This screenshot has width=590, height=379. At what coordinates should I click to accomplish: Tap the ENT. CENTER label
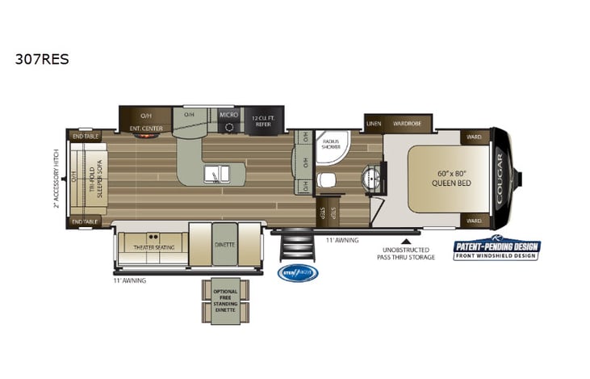click(x=146, y=128)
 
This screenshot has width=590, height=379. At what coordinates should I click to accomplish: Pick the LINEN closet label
click(x=373, y=124)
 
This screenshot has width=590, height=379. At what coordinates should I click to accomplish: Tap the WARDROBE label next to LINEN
click(x=408, y=124)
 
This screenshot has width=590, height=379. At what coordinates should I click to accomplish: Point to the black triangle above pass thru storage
click(x=406, y=239)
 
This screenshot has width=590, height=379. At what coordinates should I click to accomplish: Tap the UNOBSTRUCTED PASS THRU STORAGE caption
click(x=406, y=253)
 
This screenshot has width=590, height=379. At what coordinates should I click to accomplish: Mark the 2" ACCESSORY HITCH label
click(x=56, y=177)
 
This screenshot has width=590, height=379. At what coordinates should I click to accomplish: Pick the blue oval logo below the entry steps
click(x=298, y=273)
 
